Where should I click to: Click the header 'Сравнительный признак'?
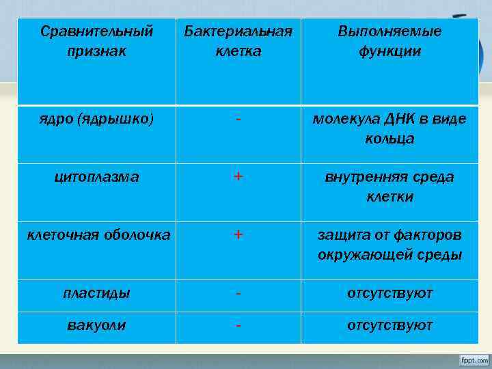pyautogui.click(x=96, y=41)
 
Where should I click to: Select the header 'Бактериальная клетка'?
pyautogui.click(x=238, y=41)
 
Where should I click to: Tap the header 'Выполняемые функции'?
pyautogui.click(x=389, y=41)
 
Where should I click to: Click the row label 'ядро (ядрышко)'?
pyautogui.click(x=96, y=119)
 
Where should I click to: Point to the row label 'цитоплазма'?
pyautogui.click(x=96, y=177)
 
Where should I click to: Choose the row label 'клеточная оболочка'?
pyautogui.click(x=98, y=235)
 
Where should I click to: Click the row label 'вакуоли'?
pyautogui.click(x=96, y=325)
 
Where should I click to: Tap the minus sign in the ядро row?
pyautogui.click(x=238, y=119)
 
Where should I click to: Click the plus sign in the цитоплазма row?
pyautogui.click(x=238, y=177)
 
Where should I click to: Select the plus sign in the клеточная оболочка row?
pyautogui.click(x=238, y=235)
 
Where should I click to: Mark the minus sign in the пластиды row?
pyautogui.click(x=238, y=293)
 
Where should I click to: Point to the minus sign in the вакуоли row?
pyautogui.click(x=238, y=325)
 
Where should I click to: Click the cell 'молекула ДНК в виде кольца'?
pyautogui.click(x=389, y=128)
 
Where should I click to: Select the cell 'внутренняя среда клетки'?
pyautogui.click(x=389, y=187)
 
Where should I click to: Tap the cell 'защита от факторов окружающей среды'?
pyautogui.click(x=389, y=245)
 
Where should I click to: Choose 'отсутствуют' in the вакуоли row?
pyautogui.click(x=389, y=325)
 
